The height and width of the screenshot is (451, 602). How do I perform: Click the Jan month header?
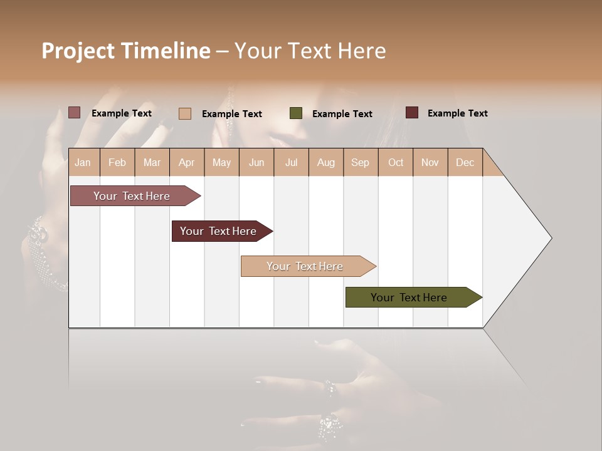(x=83, y=162)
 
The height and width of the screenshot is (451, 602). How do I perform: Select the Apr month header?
(x=187, y=162)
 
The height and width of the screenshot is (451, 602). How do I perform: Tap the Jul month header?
(x=291, y=162)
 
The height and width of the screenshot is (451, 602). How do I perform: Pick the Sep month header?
(x=360, y=162)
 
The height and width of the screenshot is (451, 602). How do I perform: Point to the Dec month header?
(x=465, y=162)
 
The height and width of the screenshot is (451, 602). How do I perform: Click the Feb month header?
(x=117, y=162)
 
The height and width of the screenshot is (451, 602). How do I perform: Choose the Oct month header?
(x=396, y=162)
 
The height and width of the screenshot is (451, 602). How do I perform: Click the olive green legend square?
(x=296, y=113)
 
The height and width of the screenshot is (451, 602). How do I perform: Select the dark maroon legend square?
(x=412, y=113)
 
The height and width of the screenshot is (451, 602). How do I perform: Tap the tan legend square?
(x=185, y=113)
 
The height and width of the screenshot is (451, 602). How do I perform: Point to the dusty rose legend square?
(x=75, y=113)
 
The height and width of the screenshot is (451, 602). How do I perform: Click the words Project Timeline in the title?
(x=125, y=51)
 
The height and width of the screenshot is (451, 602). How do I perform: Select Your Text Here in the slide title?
(x=310, y=51)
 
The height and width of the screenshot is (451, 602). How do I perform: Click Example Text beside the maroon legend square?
(x=457, y=113)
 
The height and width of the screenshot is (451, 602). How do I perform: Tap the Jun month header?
(x=256, y=162)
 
